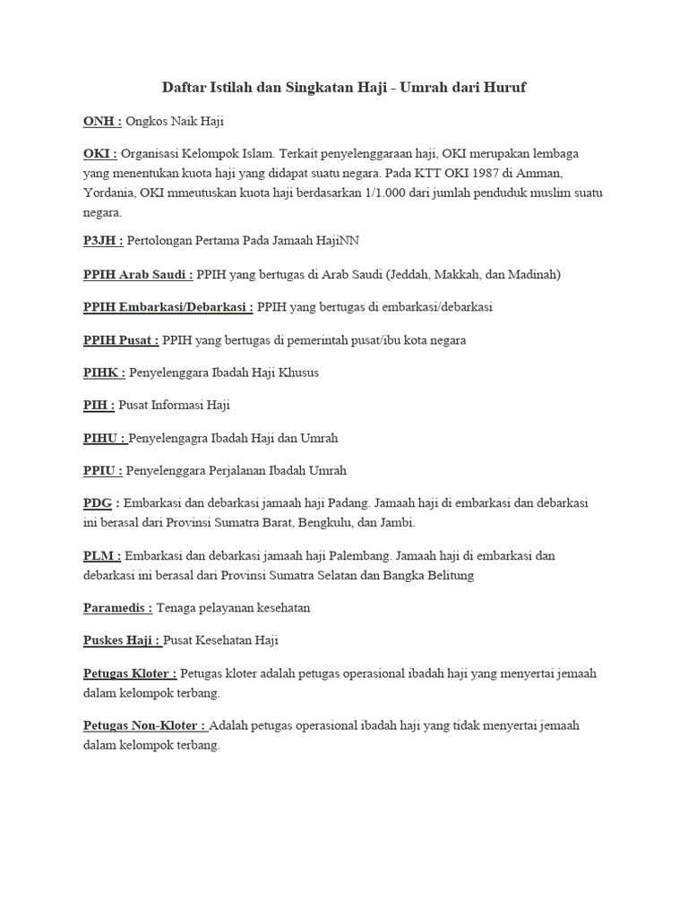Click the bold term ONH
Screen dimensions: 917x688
pyautogui.click(x=99, y=119)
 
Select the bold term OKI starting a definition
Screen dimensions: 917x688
pyautogui.click(x=98, y=153)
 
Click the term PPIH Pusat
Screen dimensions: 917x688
pyautogui.click(x=119, y=339)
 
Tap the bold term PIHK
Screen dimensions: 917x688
pyautogui.click(x=101, y=372)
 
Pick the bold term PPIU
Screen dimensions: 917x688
pyautogui.click(x=101, y=469)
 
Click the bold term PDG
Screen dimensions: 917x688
pyautogui.click(x=97, y=502)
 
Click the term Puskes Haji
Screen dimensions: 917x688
pyautogui.click(x=119, y=639)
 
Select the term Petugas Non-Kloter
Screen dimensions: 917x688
pyautogui.click(x=142, y=725)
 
